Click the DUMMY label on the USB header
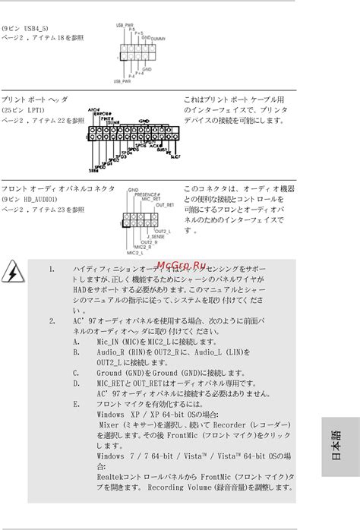pyautogui.click(x=159, y=37)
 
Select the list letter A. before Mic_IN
pyautogui.click(x=77, y=342)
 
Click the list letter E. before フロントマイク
pyautogui.click(x=77, y=405)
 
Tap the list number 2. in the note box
pyautogui.click(x=52, y=320)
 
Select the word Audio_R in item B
pyautogui.click(x=111, y=352)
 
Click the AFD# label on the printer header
pyautogui.click(x=94, y=110)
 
